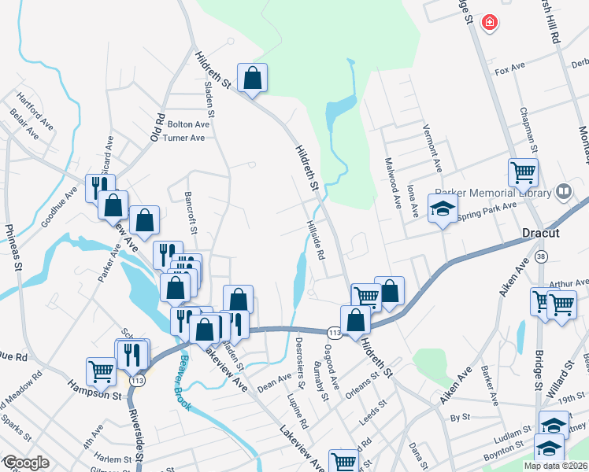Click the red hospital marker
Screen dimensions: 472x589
490,22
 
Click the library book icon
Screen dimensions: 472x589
563,191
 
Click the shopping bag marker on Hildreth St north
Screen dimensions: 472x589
252,79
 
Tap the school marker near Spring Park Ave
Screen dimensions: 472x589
443,209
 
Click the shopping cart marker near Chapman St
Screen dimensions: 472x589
523,171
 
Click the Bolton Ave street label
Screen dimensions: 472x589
189,124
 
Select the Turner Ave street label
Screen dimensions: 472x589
184,138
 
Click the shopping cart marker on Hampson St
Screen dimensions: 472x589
101,371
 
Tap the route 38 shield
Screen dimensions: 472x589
541,256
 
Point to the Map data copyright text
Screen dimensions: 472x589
556,466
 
